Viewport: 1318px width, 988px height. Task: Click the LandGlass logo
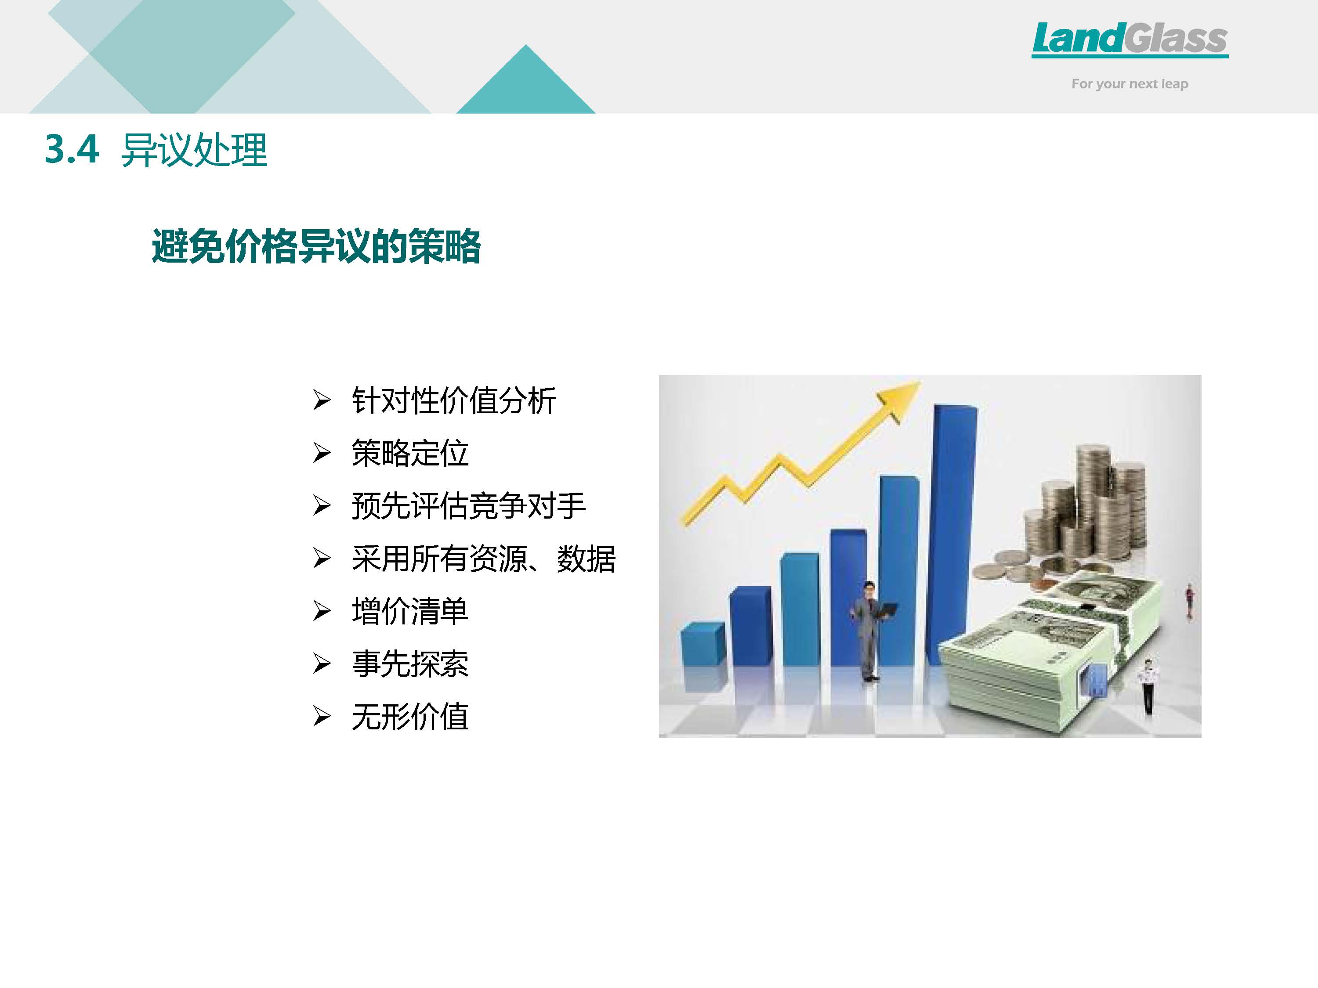[x=1130, y=40]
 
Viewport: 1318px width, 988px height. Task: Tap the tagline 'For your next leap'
[x=1130, y=84]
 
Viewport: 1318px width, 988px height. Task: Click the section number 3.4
[x=72, y=149]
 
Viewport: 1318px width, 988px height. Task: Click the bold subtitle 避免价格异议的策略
[x=316, y=246]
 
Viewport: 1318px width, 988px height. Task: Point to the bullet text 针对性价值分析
[x=454, y=400]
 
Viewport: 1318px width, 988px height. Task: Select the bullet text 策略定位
[x=410, y=453]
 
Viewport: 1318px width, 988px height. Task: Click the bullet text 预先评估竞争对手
[x=469, y=505]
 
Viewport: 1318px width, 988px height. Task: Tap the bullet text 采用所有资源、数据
[x=483, y=559]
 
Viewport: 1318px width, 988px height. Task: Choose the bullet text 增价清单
[x=410, y=611]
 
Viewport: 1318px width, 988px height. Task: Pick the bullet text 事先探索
[x=410, y=663]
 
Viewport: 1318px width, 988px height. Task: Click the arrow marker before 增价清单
[x=322, y=611]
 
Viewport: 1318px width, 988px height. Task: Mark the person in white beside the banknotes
[x=1148, y=685]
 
